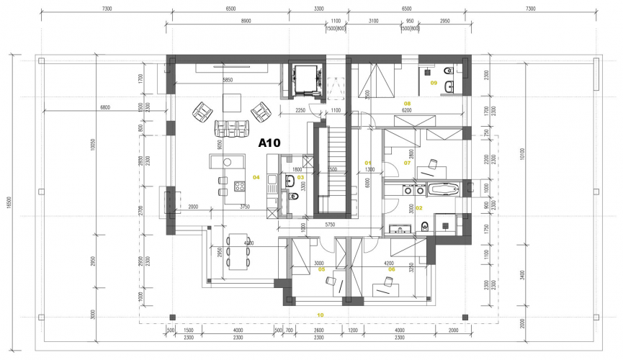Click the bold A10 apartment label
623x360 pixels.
[x=273, y=143]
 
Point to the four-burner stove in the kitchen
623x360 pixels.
[x=238, y=186]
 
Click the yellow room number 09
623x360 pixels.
[x=434, y=83]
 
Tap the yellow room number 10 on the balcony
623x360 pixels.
[x=320, y=315]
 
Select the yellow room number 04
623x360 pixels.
[x=255, y=177]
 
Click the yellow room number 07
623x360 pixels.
[x=407, y=163]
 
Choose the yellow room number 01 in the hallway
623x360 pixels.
[x=367, y=162]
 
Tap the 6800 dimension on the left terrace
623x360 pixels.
[x=105, y=107]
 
